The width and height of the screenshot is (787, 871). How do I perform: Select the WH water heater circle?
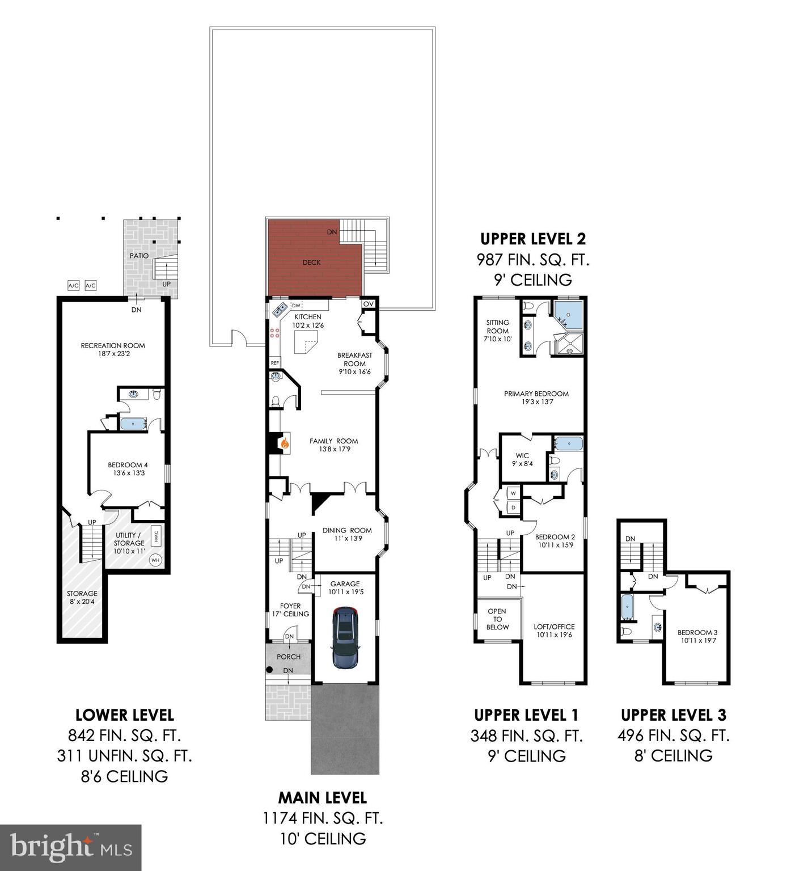(155, 560)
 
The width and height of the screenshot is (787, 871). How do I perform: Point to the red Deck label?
(311, 262)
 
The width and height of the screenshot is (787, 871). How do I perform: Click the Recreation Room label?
(113, 345)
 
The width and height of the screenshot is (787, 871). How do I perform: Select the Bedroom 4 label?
(128, 466)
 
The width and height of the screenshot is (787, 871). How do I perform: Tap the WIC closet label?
(522, 456)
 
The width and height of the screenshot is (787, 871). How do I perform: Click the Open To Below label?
(497, 619)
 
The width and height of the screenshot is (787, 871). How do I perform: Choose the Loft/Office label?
(554, 627)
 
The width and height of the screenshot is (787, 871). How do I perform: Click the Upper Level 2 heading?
(533, 239)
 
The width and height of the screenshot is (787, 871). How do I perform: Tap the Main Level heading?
(322, 798)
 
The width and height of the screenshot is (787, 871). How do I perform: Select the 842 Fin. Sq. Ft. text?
(124, 736)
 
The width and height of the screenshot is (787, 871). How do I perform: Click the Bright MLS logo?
(70, 847)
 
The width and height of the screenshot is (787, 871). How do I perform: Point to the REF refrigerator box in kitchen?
(275, 363)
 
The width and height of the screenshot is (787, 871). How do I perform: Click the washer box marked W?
(513, 492)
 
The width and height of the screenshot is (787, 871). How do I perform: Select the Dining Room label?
(347, 531)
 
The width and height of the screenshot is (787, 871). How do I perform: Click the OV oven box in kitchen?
(369, 304)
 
